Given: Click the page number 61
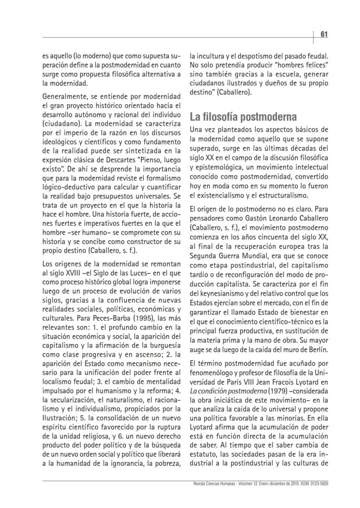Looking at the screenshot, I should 324,34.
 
